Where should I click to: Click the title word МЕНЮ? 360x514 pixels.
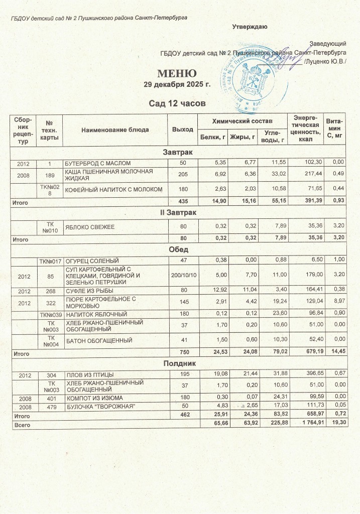177,74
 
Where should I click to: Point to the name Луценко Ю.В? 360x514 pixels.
328,62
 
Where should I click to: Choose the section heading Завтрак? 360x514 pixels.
179,152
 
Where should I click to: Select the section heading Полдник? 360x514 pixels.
179,362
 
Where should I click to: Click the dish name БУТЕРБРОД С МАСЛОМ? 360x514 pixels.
97,163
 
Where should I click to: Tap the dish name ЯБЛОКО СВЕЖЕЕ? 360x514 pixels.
87,227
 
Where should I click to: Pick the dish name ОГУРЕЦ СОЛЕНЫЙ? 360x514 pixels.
90,260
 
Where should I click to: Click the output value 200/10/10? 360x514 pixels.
183,275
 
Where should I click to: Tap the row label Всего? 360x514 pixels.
22,424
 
